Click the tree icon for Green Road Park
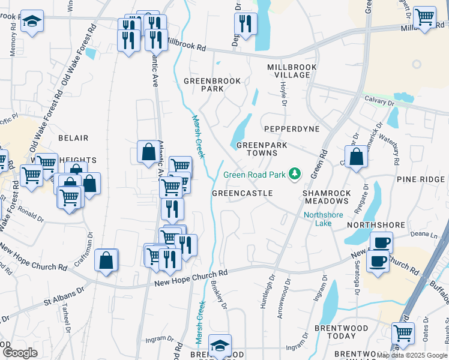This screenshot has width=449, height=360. [x=295, y=175]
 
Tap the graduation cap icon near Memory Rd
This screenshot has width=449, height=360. [x=32, y=22]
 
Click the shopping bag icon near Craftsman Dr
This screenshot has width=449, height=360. [x=106, y=260]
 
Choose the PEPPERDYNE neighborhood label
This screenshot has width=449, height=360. [x=291, y=129]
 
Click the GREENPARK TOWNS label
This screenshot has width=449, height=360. [x=261, y=149]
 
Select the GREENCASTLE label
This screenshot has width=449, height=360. [x=243, y=193]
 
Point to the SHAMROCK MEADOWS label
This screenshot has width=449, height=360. [x=326, y=197]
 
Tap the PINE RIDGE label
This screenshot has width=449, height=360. [x=419, y=179]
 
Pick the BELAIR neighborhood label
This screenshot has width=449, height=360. [x=73, y=137]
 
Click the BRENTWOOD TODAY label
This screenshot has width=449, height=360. [x=341, y=333]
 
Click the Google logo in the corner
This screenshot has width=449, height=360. [x=20, y=352]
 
